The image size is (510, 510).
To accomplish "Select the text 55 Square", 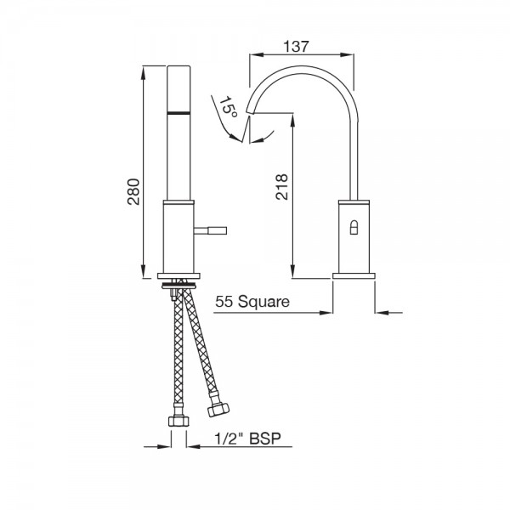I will click(252, 301).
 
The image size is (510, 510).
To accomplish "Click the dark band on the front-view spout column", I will click(179, 111).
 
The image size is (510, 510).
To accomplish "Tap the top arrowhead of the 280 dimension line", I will click(141, 69).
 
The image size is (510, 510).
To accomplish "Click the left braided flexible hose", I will click(178, 357).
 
